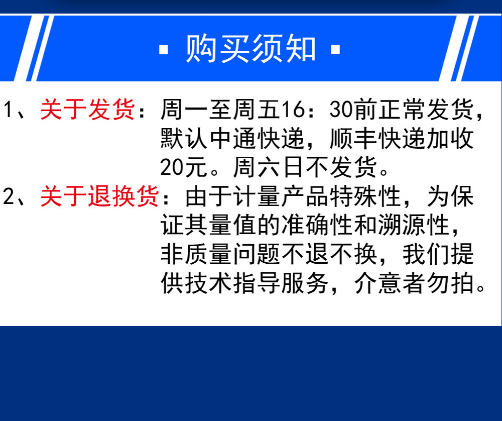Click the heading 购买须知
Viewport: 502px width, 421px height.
coord(251,49)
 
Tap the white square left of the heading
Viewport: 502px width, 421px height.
coord(164,50)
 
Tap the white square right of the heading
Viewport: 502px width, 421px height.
coord(335,50)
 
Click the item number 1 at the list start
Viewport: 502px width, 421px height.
coord(9,109)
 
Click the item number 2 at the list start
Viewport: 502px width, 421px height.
coord(9,196)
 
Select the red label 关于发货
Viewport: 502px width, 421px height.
coord(87,109)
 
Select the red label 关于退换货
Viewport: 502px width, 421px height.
coord(99,196)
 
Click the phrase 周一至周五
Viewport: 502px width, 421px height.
coord(221,109)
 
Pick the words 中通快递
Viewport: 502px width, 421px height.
coord(257,139)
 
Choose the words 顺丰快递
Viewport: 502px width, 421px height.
coord(378,139)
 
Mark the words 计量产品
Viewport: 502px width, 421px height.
coord(281,196)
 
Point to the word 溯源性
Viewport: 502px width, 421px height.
coord(414,225)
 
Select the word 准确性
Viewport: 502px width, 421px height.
coord(317,225)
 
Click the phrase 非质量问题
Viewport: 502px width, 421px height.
coord(221,254)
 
